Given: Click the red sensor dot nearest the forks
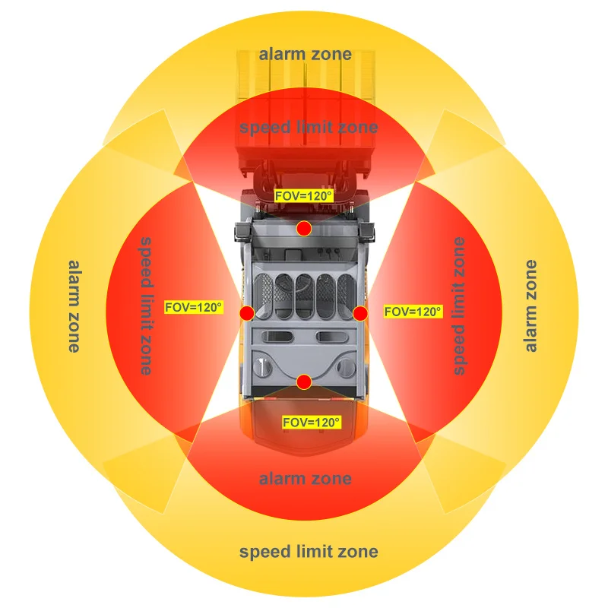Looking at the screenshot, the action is click(x=304, y=229).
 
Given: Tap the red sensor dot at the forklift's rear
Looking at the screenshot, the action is click(x=304, y=382).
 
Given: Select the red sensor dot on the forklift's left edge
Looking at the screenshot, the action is click(x=247, y=313).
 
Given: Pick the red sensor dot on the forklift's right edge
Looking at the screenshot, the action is click(x=360, y=313).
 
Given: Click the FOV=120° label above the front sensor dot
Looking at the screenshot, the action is click(x=303, y=196).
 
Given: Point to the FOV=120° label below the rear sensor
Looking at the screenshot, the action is click(x=312, y=422).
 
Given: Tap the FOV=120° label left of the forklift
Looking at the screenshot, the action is click(x=194, y=308).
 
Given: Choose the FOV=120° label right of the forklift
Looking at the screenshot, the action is click(x=413, y=312).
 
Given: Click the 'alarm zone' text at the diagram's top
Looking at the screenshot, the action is click(x=306, y=54).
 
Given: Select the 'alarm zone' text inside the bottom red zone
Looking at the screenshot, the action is click(x=306, y=479).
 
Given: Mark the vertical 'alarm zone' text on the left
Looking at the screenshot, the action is click(x=74, y=306).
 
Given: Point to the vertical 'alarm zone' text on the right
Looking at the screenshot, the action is click(x=530, y=306).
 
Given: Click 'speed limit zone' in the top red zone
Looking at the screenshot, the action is click(x=309, y=127).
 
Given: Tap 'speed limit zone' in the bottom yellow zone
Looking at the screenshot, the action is click(x=309, y=552).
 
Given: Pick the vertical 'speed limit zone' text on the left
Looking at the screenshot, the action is click(x=146, y=306).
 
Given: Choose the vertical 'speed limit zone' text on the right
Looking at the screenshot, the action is click(x=459, y=306).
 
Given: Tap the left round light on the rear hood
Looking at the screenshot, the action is click(x=262, y=366).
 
